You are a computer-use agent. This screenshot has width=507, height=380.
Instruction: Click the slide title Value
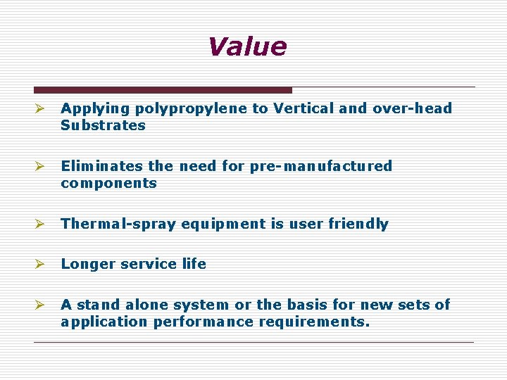click(247, 47)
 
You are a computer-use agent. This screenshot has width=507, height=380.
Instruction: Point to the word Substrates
click(103, 126)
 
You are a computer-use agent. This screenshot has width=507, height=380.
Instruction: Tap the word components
click(108, 184)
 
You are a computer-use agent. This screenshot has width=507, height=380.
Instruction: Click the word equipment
click(221, 224)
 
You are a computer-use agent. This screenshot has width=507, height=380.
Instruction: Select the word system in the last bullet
click(201, 305)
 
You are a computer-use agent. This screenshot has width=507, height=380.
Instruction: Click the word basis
click(313, 305)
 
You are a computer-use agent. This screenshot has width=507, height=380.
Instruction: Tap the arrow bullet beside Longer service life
click(40, 265)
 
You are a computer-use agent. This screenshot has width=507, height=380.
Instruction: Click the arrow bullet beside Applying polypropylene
click(40, 109)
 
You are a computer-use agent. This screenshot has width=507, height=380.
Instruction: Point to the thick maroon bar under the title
click(163, 90)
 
